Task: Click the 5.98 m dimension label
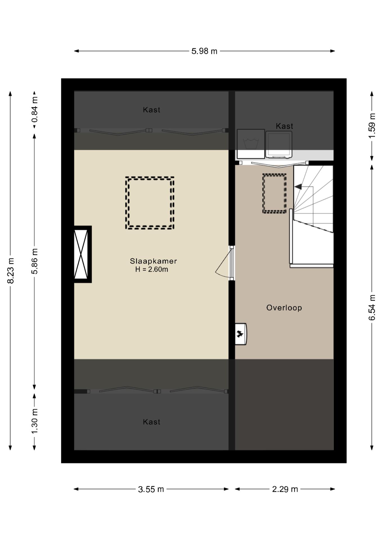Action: pyautogui.click(x=204, y=51)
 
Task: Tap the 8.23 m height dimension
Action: pyautogui.click(x=11, y=271)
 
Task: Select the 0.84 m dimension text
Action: pyautogui.click(x=35, y=109)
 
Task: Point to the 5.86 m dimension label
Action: pyautogui.click(x=35, y=261)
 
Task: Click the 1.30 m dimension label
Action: pyautogui.click(x=35, y=421)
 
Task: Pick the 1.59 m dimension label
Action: pyautogui.click(x=372, y=126)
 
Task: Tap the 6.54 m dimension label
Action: pyautogui.click(x=372, y=307)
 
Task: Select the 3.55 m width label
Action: pyautogui.click(x=151, y=489)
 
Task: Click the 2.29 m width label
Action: pyautogui.click(x=285, y=489)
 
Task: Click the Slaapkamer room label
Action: pyautogui.click(x=153, y=261)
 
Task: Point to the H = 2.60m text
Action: pyautogui.click(x=152, y=269)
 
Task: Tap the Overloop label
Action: pyautogui.click(x=284, y=308)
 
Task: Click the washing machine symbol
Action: pyautogui.click(x=251, y=144)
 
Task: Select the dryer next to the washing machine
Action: pyautogui.click(x=279, y=145)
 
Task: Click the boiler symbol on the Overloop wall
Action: pyautogui.click(x=241, y=334)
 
